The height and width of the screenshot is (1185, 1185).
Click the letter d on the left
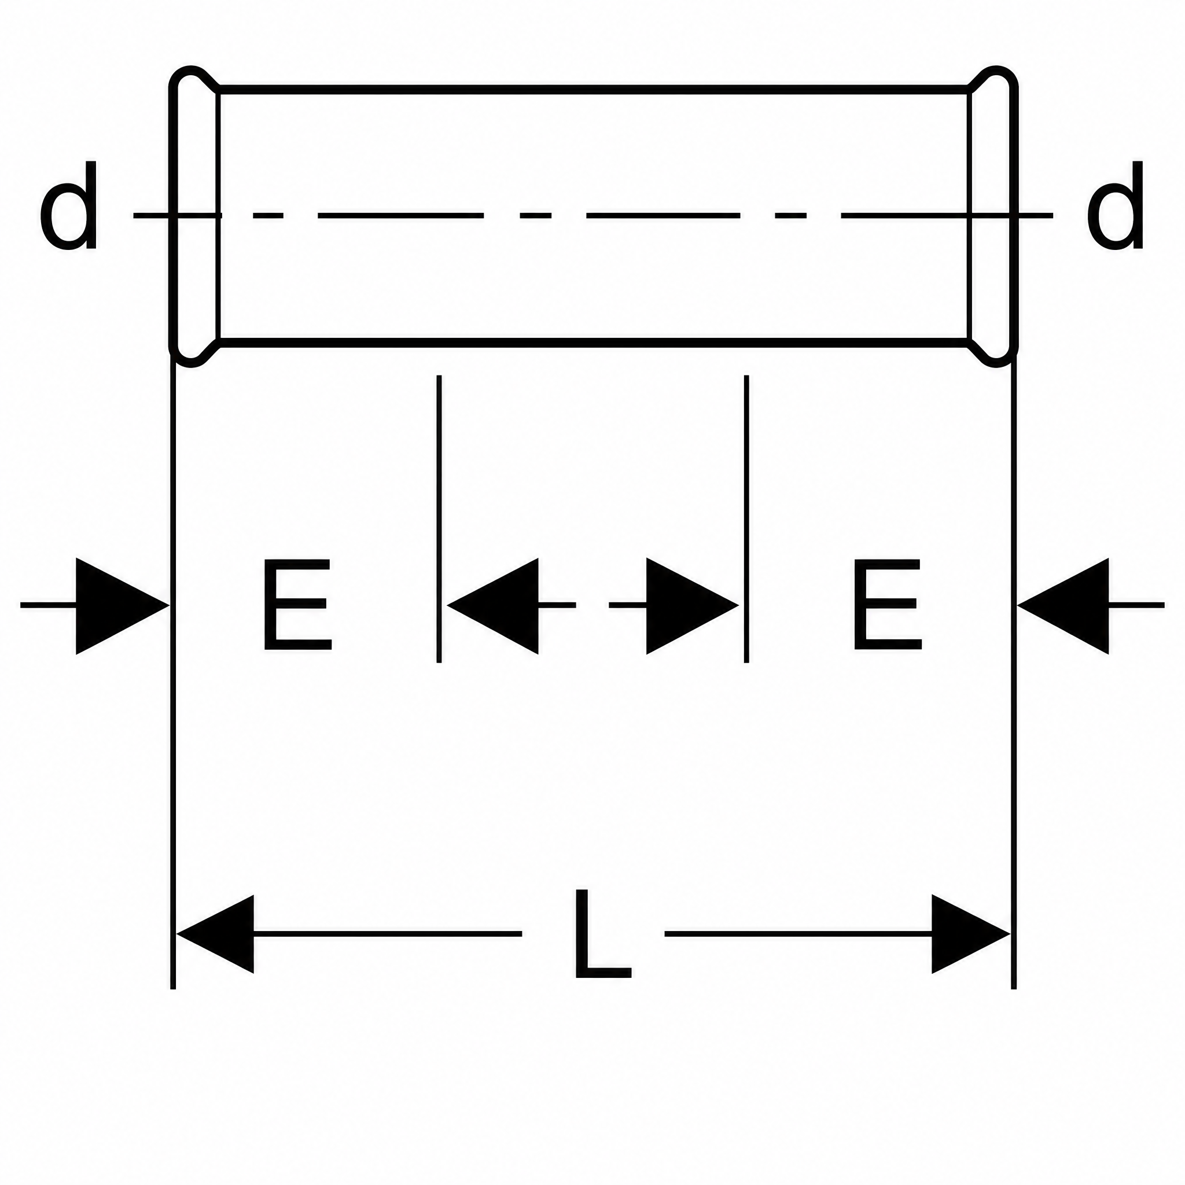68,205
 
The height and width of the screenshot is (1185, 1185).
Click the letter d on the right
1115,205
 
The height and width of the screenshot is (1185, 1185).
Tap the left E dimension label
297,604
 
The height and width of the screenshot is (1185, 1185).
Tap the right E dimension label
888,604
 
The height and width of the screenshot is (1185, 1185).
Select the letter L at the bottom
602,933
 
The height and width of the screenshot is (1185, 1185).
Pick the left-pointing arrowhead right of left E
492,606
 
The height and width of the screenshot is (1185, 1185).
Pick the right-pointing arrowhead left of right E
693,606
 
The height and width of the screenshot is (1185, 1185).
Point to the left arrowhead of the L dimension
215,934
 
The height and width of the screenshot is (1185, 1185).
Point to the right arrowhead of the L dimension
971,934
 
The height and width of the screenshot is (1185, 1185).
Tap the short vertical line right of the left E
439,519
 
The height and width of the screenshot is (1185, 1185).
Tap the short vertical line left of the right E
746,519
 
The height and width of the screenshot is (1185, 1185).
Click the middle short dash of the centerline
535,215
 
